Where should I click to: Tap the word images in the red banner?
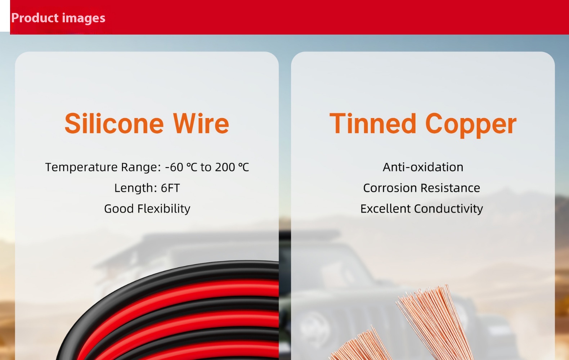[84, 18]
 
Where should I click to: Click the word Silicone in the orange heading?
[114, 123]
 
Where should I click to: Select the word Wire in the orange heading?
[201, 123]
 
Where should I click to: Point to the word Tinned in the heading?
[373, 123]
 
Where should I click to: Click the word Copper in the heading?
[471, 125]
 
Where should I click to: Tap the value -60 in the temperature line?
[174, 167]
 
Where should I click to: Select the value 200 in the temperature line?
[225, 167]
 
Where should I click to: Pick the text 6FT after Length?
[170, 188]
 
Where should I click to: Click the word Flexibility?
[163, 209]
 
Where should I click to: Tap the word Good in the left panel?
[119, 209]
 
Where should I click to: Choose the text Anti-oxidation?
[423, 167]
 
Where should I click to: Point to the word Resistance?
[451, 188]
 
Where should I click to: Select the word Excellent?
[385, 209]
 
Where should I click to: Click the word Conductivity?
[449, 209]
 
